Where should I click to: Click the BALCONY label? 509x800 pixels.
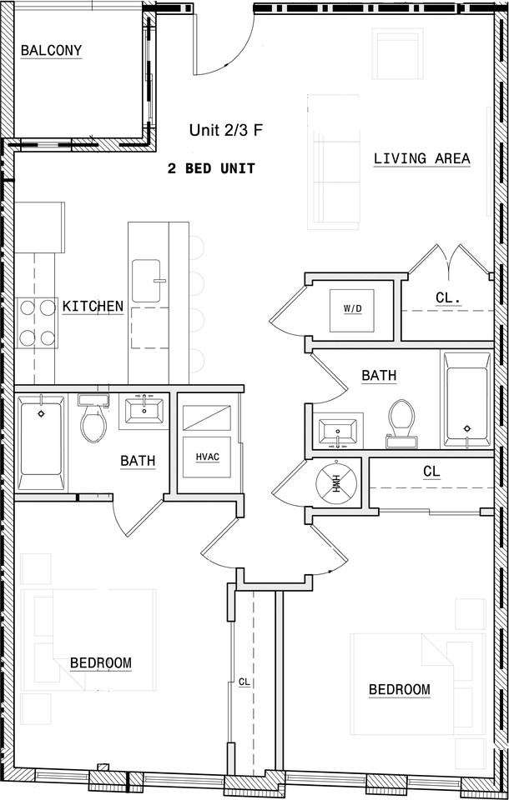click(x=52, y=51)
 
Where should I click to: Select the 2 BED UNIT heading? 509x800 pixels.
click(x=211, y=168)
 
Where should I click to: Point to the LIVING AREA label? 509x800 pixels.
click(x=421, y=158)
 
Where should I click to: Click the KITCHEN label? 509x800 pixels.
click(x=93, y=307)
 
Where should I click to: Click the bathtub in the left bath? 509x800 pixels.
click(x=40, y=444)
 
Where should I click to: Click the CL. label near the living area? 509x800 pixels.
click(x=449, y=297)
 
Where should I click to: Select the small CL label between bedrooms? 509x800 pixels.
click(x=244, y=682)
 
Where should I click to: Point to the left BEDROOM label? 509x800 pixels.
click(x=100, y=663)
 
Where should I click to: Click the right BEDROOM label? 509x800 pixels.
click(x=400, y=690)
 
